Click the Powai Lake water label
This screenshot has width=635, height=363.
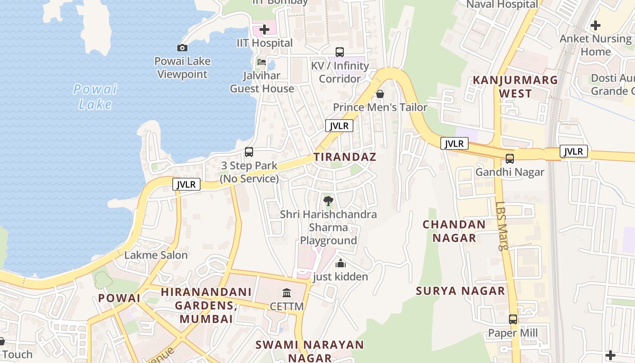click(95, 97)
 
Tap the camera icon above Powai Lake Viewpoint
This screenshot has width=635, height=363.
click(182, 48)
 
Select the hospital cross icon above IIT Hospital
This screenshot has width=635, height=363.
click(264, 30)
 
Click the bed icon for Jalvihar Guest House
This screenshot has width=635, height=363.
click(262, 62)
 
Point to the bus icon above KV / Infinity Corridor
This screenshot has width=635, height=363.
click(340, 52)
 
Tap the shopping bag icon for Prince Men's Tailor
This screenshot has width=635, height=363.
click(380, 94)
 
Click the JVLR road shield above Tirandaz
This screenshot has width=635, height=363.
click(339, 126)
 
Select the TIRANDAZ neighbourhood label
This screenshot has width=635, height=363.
click(345, 157)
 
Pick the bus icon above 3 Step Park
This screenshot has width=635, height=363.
click(249, 152)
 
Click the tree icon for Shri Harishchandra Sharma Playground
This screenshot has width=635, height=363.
click(328, 201)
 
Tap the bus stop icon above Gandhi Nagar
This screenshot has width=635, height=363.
click(510, 159)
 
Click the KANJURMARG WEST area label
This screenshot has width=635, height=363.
click(515, 87)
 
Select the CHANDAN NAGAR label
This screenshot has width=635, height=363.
click(454, 231)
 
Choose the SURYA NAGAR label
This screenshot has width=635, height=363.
click(460, 291)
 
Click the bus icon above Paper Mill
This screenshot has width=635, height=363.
click(513, 319)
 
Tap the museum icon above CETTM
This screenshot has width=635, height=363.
click(287, 293)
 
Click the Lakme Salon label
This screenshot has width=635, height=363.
click(156, 255)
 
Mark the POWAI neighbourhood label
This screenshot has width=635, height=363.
click(119, 298)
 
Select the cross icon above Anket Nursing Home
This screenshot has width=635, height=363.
click(596, 25)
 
